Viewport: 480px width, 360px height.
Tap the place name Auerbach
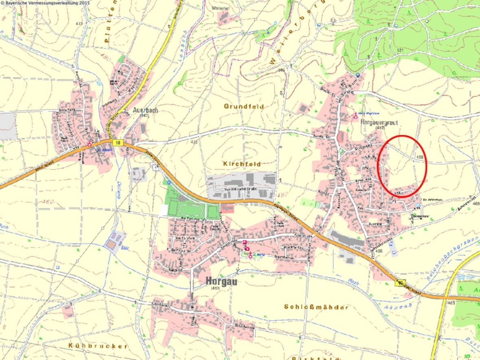[x=145, y=110]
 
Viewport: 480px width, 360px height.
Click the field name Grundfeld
[x=244, y=106]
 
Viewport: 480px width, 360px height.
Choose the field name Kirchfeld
[x=241, y=163]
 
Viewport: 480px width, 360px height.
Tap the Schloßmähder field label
[x=316, y=307]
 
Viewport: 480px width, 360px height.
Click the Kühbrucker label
[x=98, y=346]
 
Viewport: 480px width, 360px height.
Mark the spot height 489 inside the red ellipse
[x=419, y=157]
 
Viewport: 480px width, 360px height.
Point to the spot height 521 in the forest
[x=401, y=50]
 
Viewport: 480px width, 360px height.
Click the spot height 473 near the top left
[x=79, y=24]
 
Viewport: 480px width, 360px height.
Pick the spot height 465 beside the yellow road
[x=451, y=303]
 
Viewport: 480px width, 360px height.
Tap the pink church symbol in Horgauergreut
[x=355, y=116]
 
